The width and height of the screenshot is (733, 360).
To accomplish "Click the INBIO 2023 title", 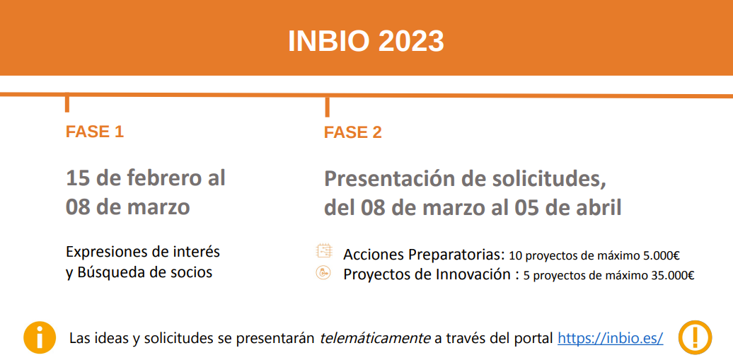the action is click(x=366, y=42).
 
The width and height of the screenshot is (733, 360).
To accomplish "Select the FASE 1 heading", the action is click(x=94, y=132).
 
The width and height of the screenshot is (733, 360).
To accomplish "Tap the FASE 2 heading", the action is click(x=353, y=132).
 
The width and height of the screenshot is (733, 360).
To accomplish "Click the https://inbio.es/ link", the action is click(x=611, y=337).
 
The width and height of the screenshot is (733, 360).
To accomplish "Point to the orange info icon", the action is click(x=40, y=337).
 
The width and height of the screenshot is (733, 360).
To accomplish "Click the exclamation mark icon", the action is click(x=695, y=337).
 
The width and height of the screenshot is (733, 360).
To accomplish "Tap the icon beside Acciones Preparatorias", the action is click(x=324, y=251).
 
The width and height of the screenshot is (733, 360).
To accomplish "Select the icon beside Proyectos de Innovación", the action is click(x=323, y=273).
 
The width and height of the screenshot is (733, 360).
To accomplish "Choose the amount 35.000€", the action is click(x=671, y=276).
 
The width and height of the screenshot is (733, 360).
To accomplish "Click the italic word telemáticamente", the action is click(x=375, y=337).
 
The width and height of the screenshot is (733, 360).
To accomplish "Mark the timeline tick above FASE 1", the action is click(x=67, y=103).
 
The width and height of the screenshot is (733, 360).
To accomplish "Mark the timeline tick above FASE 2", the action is click(x=327, y=106).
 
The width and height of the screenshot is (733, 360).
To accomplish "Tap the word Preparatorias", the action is click(x=458, y=255).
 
